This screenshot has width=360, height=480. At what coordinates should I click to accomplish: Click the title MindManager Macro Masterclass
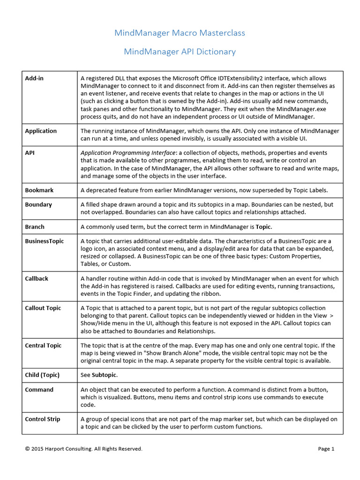[x=180, y=33]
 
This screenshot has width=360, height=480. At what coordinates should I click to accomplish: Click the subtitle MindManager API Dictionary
[x=180, y=52]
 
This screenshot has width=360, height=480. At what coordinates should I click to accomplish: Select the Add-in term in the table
[x=34, y=78]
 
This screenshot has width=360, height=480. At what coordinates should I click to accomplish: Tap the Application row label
[x=41, y=131]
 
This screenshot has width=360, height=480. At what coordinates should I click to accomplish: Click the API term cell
[x=30, y=153]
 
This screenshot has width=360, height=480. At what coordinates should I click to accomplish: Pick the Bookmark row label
[x=39, y=190]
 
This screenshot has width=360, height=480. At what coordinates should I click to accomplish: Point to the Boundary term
[x=38, y=205]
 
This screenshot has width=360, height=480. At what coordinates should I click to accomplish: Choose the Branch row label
[x=35, y=227]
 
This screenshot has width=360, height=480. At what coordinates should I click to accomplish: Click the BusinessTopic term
[x=45, y=241]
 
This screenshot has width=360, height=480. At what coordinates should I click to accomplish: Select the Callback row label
[x=37, y=278]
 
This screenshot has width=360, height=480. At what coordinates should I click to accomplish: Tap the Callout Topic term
[x=43, y=308]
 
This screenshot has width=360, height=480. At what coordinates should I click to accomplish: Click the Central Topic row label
[x=43, y=345]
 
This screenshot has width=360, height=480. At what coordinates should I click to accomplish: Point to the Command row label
[x=39, y=390]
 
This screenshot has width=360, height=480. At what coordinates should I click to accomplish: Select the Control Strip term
[x=43, y=419]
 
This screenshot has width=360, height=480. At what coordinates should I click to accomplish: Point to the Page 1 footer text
[x=326, y=449]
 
